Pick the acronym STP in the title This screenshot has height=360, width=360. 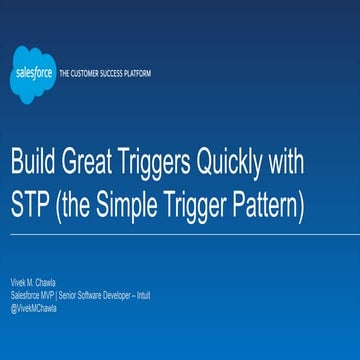pyautogui.click(x=31, y=207)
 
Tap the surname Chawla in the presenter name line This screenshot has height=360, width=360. pyautogui.click(x=46, y=283)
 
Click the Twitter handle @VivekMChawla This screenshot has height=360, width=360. pyautogui.click(x=34, y=307)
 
